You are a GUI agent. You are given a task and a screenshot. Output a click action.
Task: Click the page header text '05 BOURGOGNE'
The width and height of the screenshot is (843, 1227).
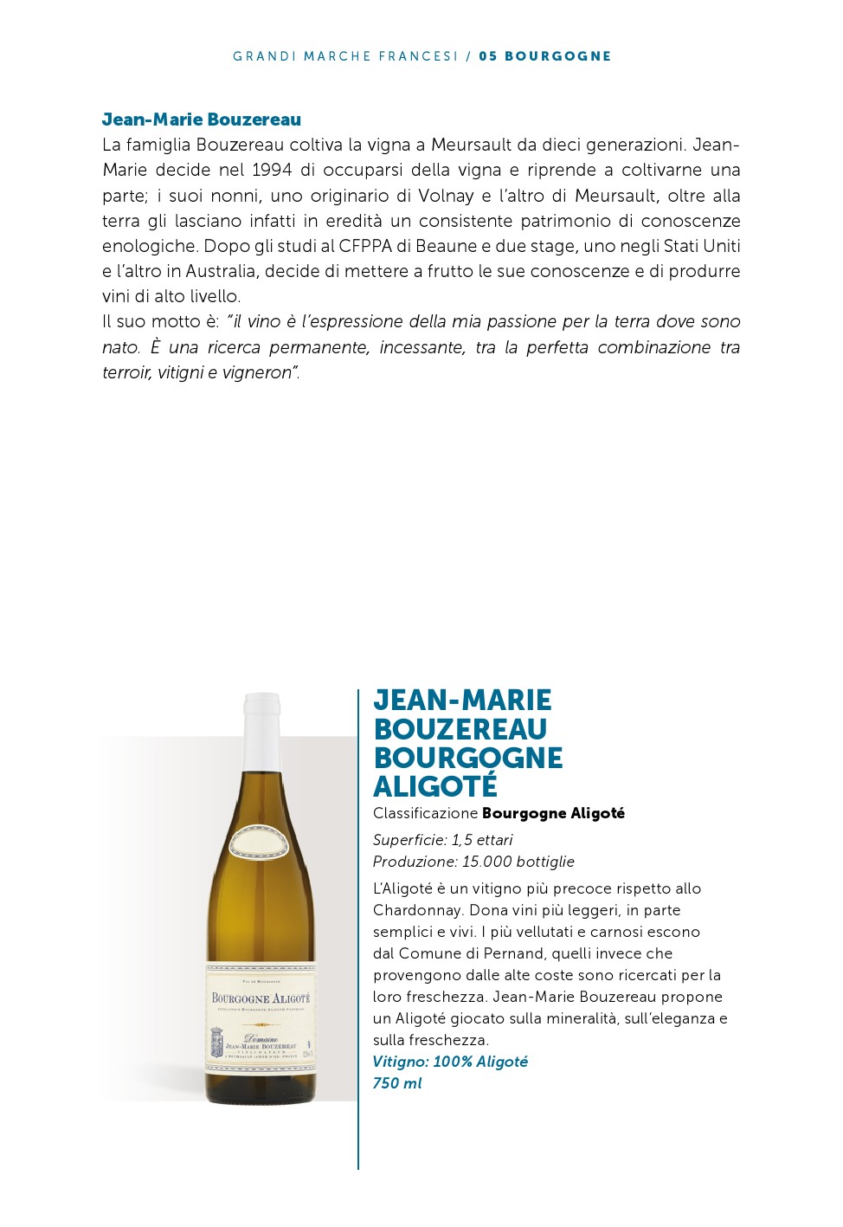(x=544, y=56)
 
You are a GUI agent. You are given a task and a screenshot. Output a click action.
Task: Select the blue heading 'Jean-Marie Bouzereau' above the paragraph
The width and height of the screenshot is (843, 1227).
(x=202, y=119)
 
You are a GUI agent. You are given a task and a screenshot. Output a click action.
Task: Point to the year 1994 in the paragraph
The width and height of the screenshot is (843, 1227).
(x=272, y=170)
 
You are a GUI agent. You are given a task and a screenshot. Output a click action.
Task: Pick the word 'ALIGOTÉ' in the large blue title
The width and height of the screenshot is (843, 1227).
(x=435, y=786)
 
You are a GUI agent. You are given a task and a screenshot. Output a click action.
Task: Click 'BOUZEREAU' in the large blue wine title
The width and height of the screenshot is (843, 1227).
(x=460, y=729)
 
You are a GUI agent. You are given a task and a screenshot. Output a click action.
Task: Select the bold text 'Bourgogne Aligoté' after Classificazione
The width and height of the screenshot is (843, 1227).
(x=553, y=813)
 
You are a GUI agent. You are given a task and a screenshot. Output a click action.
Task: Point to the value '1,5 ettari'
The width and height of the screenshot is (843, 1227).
(x=482, y=840)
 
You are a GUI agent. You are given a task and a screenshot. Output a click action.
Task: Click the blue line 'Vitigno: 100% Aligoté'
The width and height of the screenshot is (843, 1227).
(x=450, y=1062)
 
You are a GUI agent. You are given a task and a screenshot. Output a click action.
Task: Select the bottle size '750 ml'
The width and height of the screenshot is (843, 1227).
(x=397, y=1083)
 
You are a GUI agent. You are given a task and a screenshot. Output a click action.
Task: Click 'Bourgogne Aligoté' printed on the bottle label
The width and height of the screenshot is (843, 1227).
(x=261, y=998)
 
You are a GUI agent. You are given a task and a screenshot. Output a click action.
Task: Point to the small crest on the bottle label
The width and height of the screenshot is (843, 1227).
(x=217, y=1043)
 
